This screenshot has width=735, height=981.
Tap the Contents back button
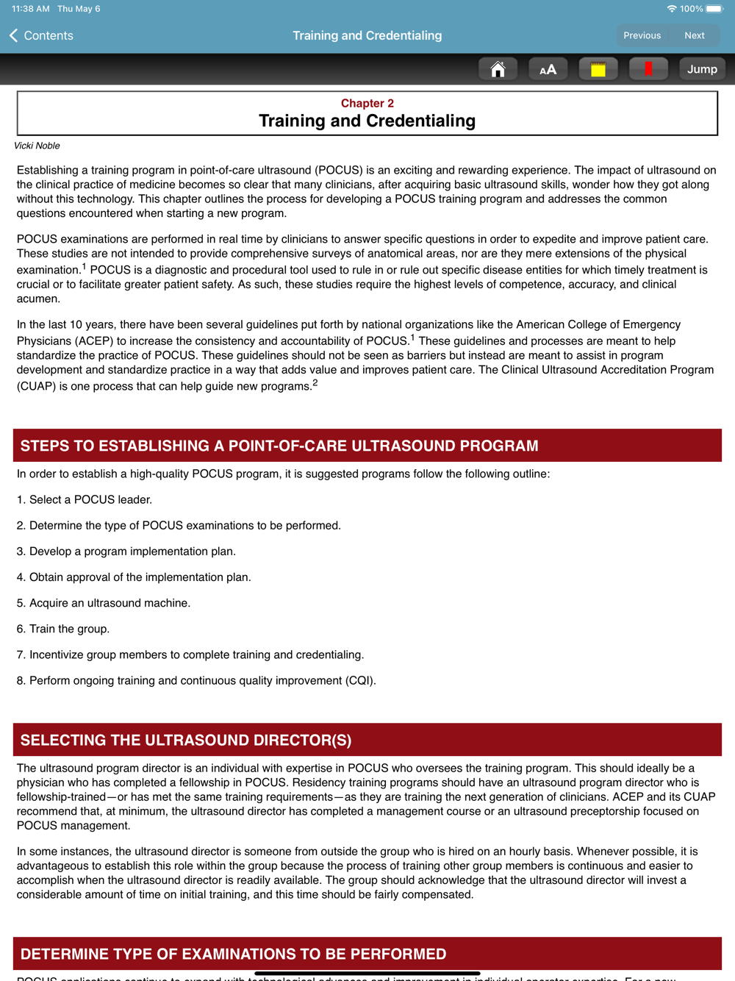(x=41, y=35)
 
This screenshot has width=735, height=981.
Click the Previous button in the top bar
(x=642, y=35)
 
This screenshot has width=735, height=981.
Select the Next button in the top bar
(x=694, y=35)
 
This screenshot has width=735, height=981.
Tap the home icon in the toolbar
(x=498, y=69)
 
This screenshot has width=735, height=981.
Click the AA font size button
(x=548, y=69)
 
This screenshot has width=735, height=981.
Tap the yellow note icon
(x=598, y=69)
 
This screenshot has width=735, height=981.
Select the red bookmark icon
(x=648, y=69)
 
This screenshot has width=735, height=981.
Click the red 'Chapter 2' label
(x=367, y=103)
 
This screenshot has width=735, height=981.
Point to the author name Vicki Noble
(x=37, y=146)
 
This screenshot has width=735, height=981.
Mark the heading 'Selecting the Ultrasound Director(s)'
(x=186, y=740)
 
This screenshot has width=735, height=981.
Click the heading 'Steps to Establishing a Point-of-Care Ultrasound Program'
(x=279, y=446)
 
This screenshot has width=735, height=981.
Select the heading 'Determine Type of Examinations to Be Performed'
(x=233, y=954)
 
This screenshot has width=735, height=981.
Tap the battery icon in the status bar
(x=714, y=9)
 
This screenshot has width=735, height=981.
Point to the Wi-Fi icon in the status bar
(x=672, y=9)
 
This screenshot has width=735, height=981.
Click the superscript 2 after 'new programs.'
(x=315, y=382)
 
